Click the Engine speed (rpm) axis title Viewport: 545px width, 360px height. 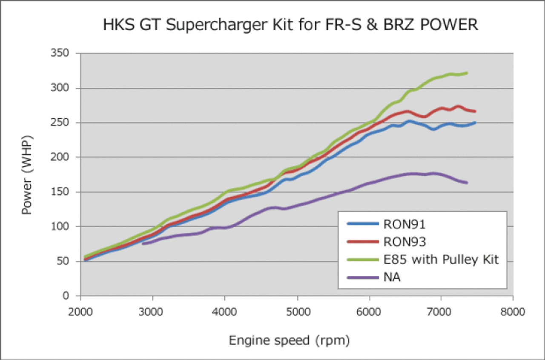[289, 340]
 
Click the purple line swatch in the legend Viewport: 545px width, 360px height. [363, 277]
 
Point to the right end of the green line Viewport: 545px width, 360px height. [467, 73]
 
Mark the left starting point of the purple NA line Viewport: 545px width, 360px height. [143, 243]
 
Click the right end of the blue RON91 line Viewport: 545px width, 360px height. [475, 123]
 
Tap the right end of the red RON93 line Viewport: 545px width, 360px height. [475, 111]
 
